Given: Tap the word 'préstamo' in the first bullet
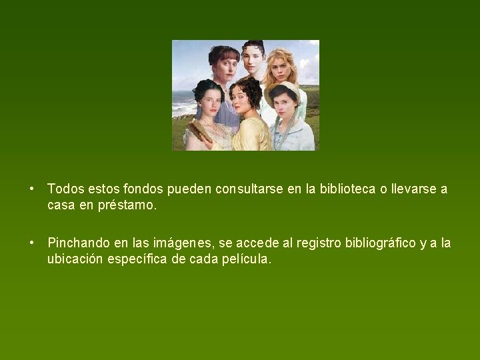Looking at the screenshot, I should (x=127, y=206).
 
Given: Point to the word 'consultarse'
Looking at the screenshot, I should (x=249, y=189).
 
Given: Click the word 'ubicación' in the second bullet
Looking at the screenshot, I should (x=75, y=259).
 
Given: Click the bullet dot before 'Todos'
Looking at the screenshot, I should (x=33, y=189).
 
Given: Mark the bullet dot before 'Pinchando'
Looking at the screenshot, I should (x=33, y=242).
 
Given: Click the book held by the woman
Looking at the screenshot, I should (x=199, y=131).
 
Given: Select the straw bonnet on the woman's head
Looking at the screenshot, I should (x=283, y=91).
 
